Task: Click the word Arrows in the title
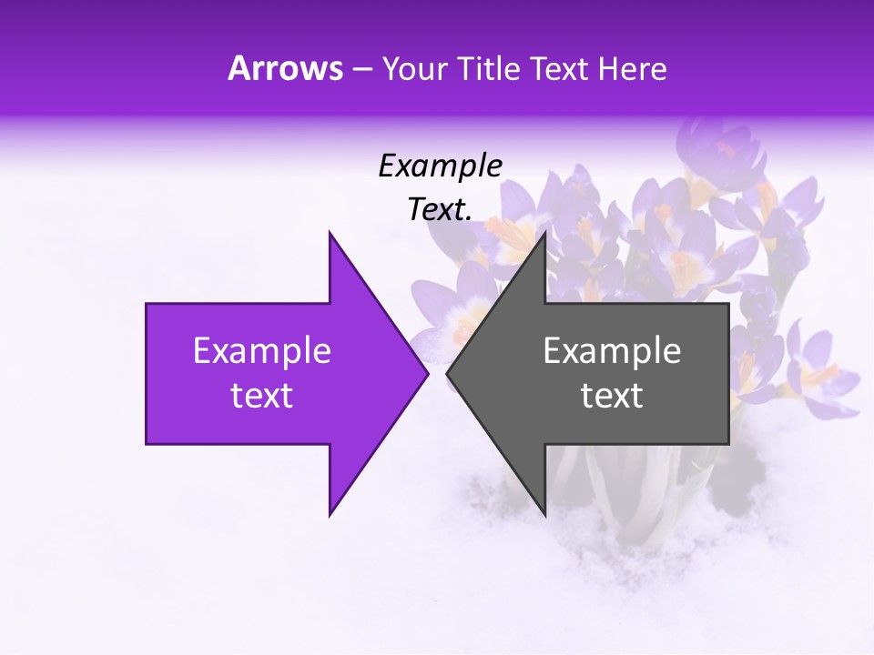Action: tap(286, 68)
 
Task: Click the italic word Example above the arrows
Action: tap(441, 166)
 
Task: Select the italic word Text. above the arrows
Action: tap(441, 209)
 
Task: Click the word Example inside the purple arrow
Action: tap(262, 350)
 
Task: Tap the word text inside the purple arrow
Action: tap(262, 396)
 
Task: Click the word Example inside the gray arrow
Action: tap(612, 350)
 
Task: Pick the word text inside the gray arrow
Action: tap(612, 396)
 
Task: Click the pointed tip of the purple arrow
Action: tap(428, 374)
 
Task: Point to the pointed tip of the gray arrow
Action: tap(447, 374)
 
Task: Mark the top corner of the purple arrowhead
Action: tap(330, 232)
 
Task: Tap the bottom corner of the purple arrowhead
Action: tap(330, 516)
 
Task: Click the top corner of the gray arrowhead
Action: tap(544, 232)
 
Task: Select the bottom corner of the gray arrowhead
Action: tap(544, 516)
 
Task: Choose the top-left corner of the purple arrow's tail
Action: tap(147, 304)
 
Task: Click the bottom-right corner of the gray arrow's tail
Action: tap(728, 444)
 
